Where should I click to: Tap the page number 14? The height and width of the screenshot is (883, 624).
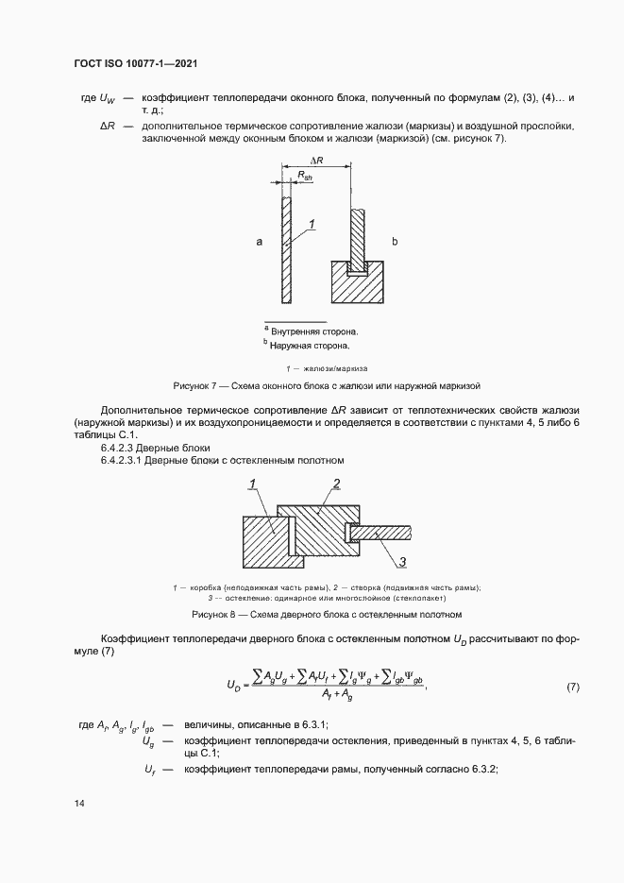(79, 804)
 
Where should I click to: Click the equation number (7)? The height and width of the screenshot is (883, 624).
(572, 687)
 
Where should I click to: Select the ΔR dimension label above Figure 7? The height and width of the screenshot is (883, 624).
(317, 161)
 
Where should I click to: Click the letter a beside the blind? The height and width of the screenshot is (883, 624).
(259, 243)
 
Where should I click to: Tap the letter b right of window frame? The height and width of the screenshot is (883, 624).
(396, 243)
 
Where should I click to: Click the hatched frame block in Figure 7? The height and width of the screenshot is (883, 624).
(356, 282)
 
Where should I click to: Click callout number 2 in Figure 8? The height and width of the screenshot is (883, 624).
(336, 484)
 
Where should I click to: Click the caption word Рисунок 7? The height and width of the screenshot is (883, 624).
(194, 386)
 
